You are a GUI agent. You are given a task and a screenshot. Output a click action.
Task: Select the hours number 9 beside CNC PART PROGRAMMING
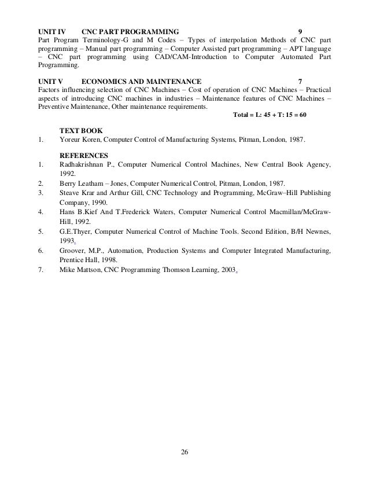[300, 30]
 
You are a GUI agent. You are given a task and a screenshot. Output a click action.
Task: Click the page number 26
[184, 451]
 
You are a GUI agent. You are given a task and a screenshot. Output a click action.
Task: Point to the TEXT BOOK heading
[84, 130]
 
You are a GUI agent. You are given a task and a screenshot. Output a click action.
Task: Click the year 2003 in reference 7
[226, 270]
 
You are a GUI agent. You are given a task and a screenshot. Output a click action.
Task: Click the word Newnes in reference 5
[318, 232]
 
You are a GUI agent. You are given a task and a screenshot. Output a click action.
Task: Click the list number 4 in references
[39, 212]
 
